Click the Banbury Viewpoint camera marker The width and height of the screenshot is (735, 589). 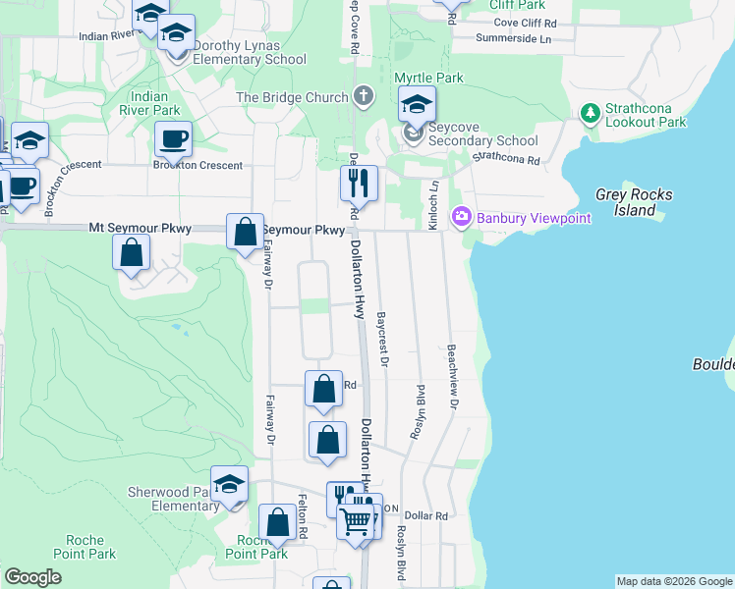point(461,217)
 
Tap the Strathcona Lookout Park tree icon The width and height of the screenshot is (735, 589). point(591,115)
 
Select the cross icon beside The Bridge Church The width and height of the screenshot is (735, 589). point(365,96)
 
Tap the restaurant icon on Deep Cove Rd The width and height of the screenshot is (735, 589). point(358,182)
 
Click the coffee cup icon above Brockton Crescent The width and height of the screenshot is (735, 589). point(173,138)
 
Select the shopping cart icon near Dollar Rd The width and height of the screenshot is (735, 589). point(355,520)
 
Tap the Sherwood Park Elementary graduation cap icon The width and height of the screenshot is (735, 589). point(230,485)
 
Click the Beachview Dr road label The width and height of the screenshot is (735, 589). point(453,377)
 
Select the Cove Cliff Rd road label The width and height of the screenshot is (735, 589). point(525,22)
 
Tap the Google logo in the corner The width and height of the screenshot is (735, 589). point(32,577)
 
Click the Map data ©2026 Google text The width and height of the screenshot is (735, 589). point(673,581)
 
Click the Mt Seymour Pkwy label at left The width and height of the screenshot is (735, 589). point(140,228)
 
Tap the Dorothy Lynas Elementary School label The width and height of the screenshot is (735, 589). point(250,52)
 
